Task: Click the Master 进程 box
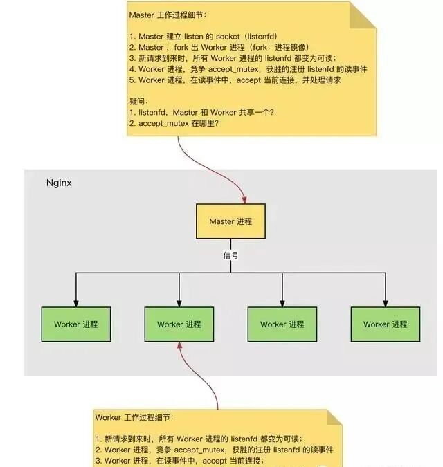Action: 230,221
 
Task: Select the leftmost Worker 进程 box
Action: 76,324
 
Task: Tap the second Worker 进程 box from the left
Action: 179,324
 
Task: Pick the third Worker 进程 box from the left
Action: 282,324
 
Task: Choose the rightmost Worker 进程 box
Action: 386,324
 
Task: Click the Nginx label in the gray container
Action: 59,183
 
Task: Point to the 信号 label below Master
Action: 230,255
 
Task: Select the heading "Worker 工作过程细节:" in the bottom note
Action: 135,418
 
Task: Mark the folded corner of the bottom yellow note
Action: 334,417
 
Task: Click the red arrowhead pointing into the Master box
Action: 244,200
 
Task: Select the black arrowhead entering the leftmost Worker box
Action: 76,302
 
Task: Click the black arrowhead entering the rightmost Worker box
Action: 386,302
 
